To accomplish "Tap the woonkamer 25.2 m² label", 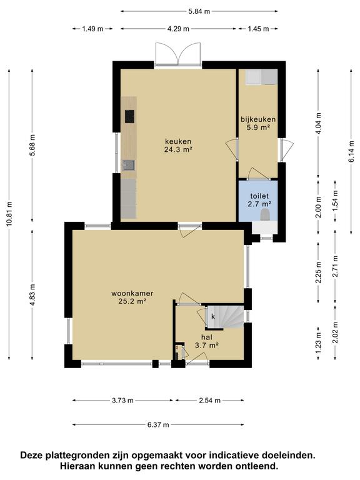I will pos(132,296).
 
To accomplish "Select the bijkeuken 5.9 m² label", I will pos(258,123).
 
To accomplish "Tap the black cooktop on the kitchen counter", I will pos(129,116).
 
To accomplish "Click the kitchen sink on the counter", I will pos(129,166).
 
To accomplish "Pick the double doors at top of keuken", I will pos(178,53).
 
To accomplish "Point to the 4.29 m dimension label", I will pos(179,29).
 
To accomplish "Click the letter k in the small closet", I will pos(213,317).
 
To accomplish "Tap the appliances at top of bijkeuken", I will pos(261,77).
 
